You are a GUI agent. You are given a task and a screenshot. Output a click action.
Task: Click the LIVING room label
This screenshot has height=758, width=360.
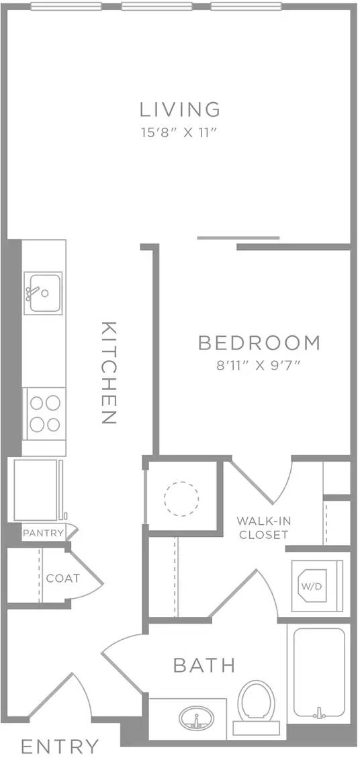coord(179,108)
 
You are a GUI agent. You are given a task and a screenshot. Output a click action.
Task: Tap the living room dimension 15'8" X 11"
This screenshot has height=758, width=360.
coord(179,132)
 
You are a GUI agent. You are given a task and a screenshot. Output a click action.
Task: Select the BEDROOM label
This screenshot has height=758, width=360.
coord(259,343)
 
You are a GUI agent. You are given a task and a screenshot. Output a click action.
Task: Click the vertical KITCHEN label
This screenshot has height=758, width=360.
coord(109,373)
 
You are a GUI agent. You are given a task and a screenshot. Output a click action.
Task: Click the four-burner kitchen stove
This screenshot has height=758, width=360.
coord(44,413)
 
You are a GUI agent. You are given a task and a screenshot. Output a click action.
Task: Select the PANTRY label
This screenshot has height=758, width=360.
coord(43,533)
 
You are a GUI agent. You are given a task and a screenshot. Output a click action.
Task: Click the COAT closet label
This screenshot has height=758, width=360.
coord(63,578)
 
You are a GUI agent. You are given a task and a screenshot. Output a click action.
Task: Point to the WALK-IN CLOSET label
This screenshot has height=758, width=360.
coord(263,528)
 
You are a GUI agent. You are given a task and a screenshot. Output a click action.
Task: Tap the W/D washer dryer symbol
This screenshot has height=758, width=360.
coord(312,586)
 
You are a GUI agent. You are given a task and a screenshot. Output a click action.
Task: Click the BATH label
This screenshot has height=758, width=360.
coord(204,665)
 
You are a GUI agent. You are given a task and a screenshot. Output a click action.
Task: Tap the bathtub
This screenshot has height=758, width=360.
coord(319,672)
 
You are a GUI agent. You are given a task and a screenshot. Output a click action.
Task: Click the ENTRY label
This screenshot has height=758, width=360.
coord(60,746)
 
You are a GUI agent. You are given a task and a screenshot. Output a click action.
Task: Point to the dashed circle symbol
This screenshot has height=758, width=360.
coord(181,497)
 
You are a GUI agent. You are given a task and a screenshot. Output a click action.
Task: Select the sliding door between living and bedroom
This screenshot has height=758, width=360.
coord(238,238)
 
